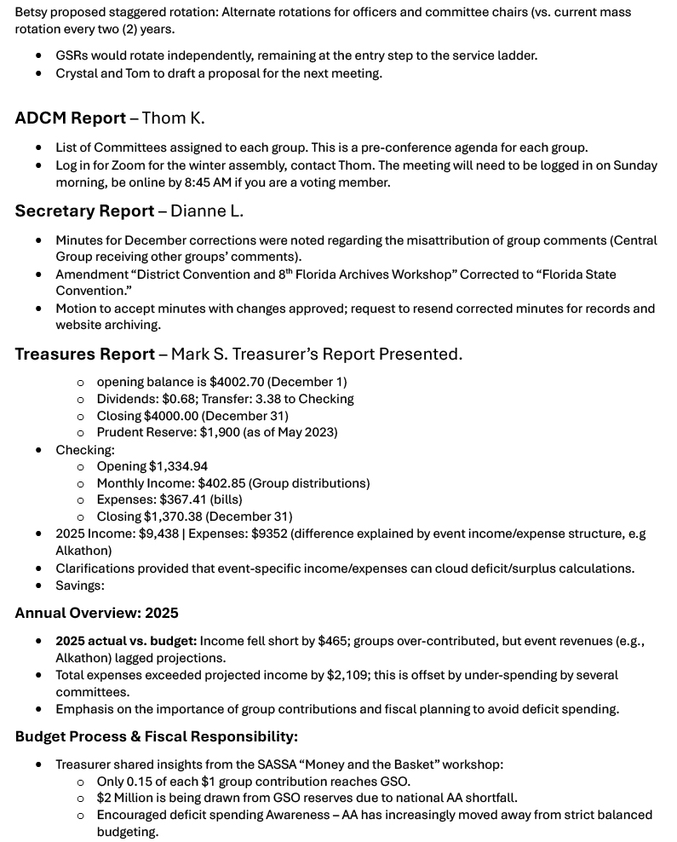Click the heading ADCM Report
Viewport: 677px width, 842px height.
70,118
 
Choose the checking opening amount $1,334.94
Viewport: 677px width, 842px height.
178,466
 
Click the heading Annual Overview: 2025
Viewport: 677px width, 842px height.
96,613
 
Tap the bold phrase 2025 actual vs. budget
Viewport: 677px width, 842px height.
125,641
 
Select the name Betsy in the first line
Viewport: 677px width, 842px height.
32,12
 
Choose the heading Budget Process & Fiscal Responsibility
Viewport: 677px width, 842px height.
156,736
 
